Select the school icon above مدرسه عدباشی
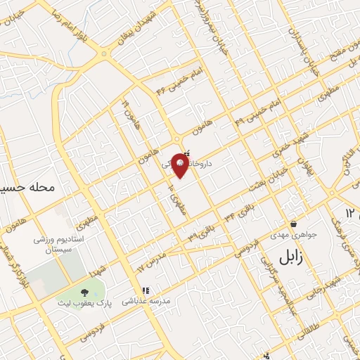(146, 290)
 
